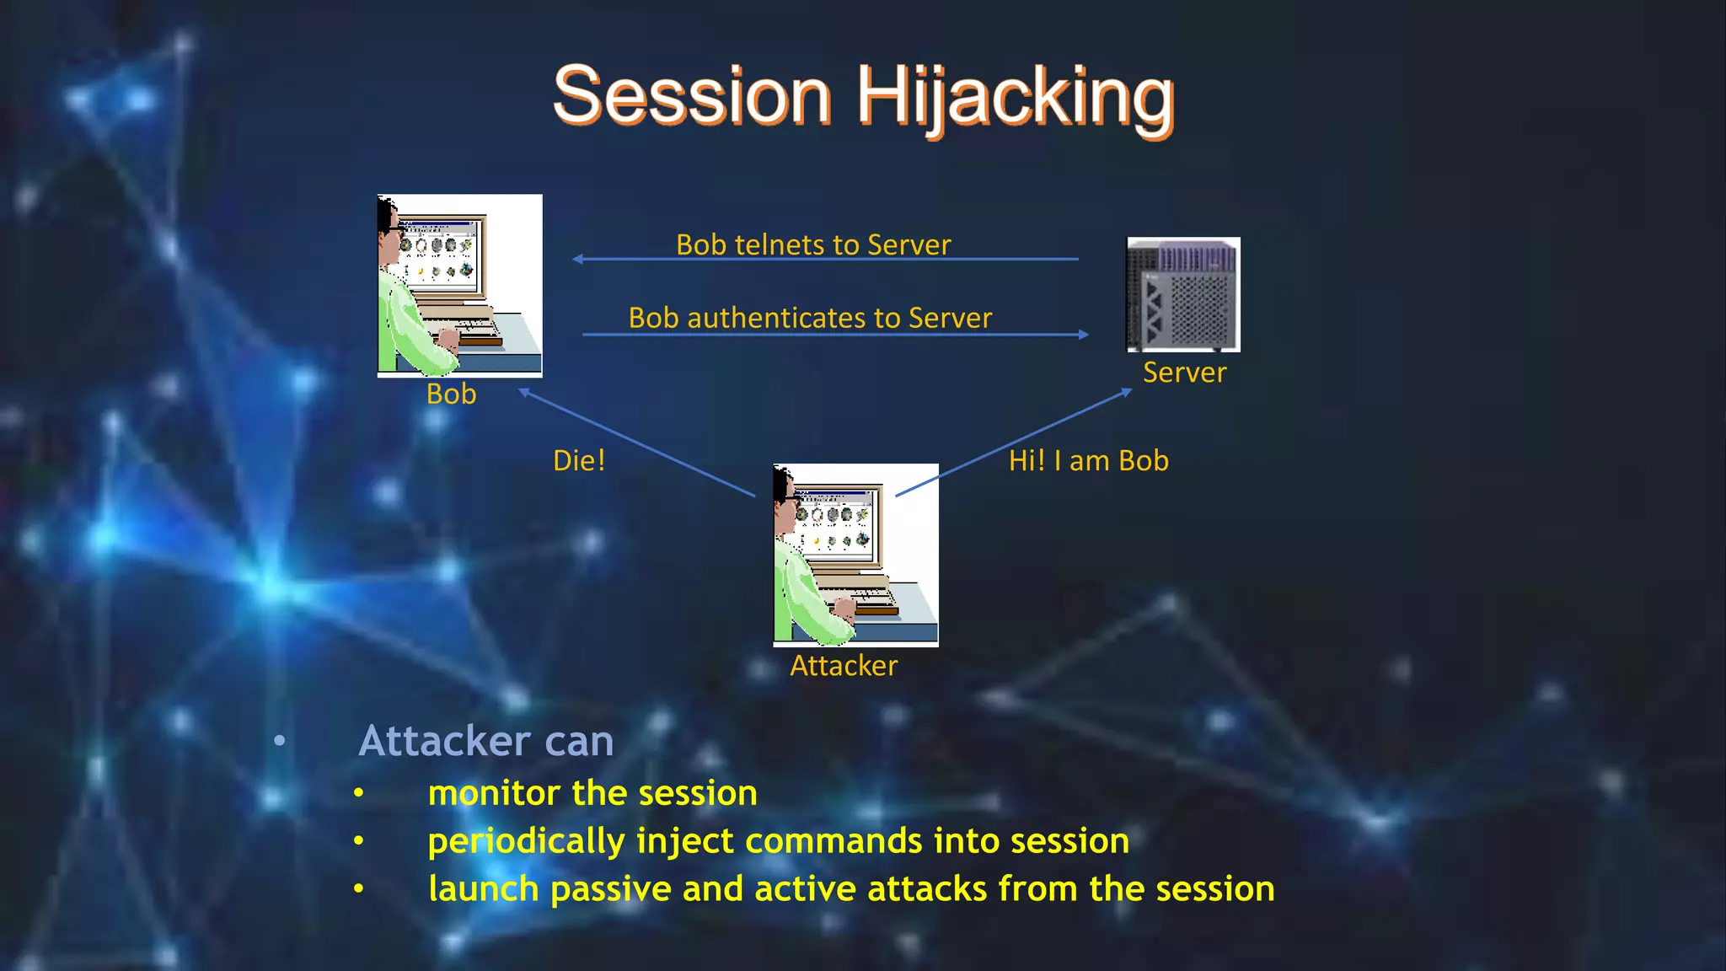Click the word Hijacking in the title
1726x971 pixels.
click(x=1015, y=98)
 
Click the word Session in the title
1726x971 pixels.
click(x=692, y=98)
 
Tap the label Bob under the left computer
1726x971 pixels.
click(x=451, y=394)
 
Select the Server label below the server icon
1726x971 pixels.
click(x=1184, y=373)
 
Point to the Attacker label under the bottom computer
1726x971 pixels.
click(x=844, y=666)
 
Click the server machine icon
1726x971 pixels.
click(x=1183, y=294)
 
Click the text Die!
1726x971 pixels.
click(x=579, y=461)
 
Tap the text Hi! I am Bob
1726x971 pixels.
click(x=1088, y=461)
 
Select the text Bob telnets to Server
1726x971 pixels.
click(x=813, y=245)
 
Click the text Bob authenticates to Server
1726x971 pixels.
click(x=810, y=319)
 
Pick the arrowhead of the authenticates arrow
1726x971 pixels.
click(x=1084, y=335)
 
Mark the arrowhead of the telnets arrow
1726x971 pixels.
click(x=577, y=259)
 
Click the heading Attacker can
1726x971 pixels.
click(x=486, y=742)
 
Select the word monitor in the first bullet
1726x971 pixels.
click(x=494, y=794)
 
